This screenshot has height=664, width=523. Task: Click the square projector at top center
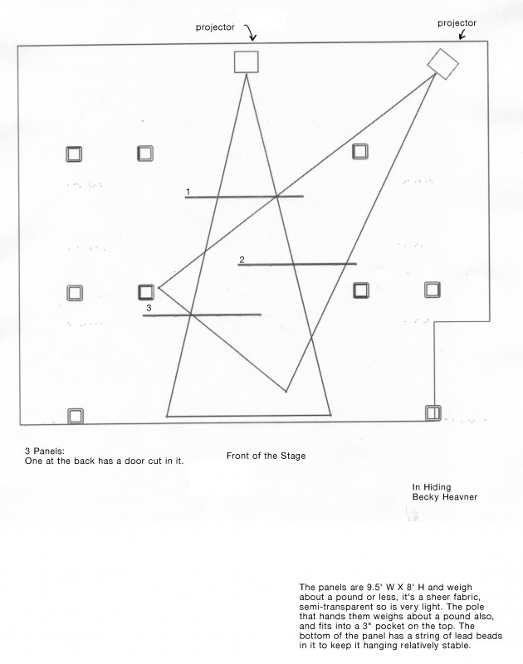246,61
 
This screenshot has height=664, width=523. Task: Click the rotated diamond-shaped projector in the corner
442,64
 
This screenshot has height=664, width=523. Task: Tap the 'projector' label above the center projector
215,27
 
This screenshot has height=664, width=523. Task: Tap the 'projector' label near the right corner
457,23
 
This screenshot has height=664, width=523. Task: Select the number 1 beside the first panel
188,193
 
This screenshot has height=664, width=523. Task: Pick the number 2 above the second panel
242,260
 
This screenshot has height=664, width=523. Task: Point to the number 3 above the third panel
149,308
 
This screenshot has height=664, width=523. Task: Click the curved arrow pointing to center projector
251,32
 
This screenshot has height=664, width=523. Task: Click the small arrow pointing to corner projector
462,35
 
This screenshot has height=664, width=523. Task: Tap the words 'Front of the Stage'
266,456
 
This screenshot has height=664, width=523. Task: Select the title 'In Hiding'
432,487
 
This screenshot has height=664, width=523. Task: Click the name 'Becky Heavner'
445,496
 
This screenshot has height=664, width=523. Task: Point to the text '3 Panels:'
45,451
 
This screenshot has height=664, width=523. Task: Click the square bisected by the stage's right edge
433,413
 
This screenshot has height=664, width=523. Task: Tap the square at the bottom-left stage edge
76,416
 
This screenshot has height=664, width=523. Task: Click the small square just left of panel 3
146,293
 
